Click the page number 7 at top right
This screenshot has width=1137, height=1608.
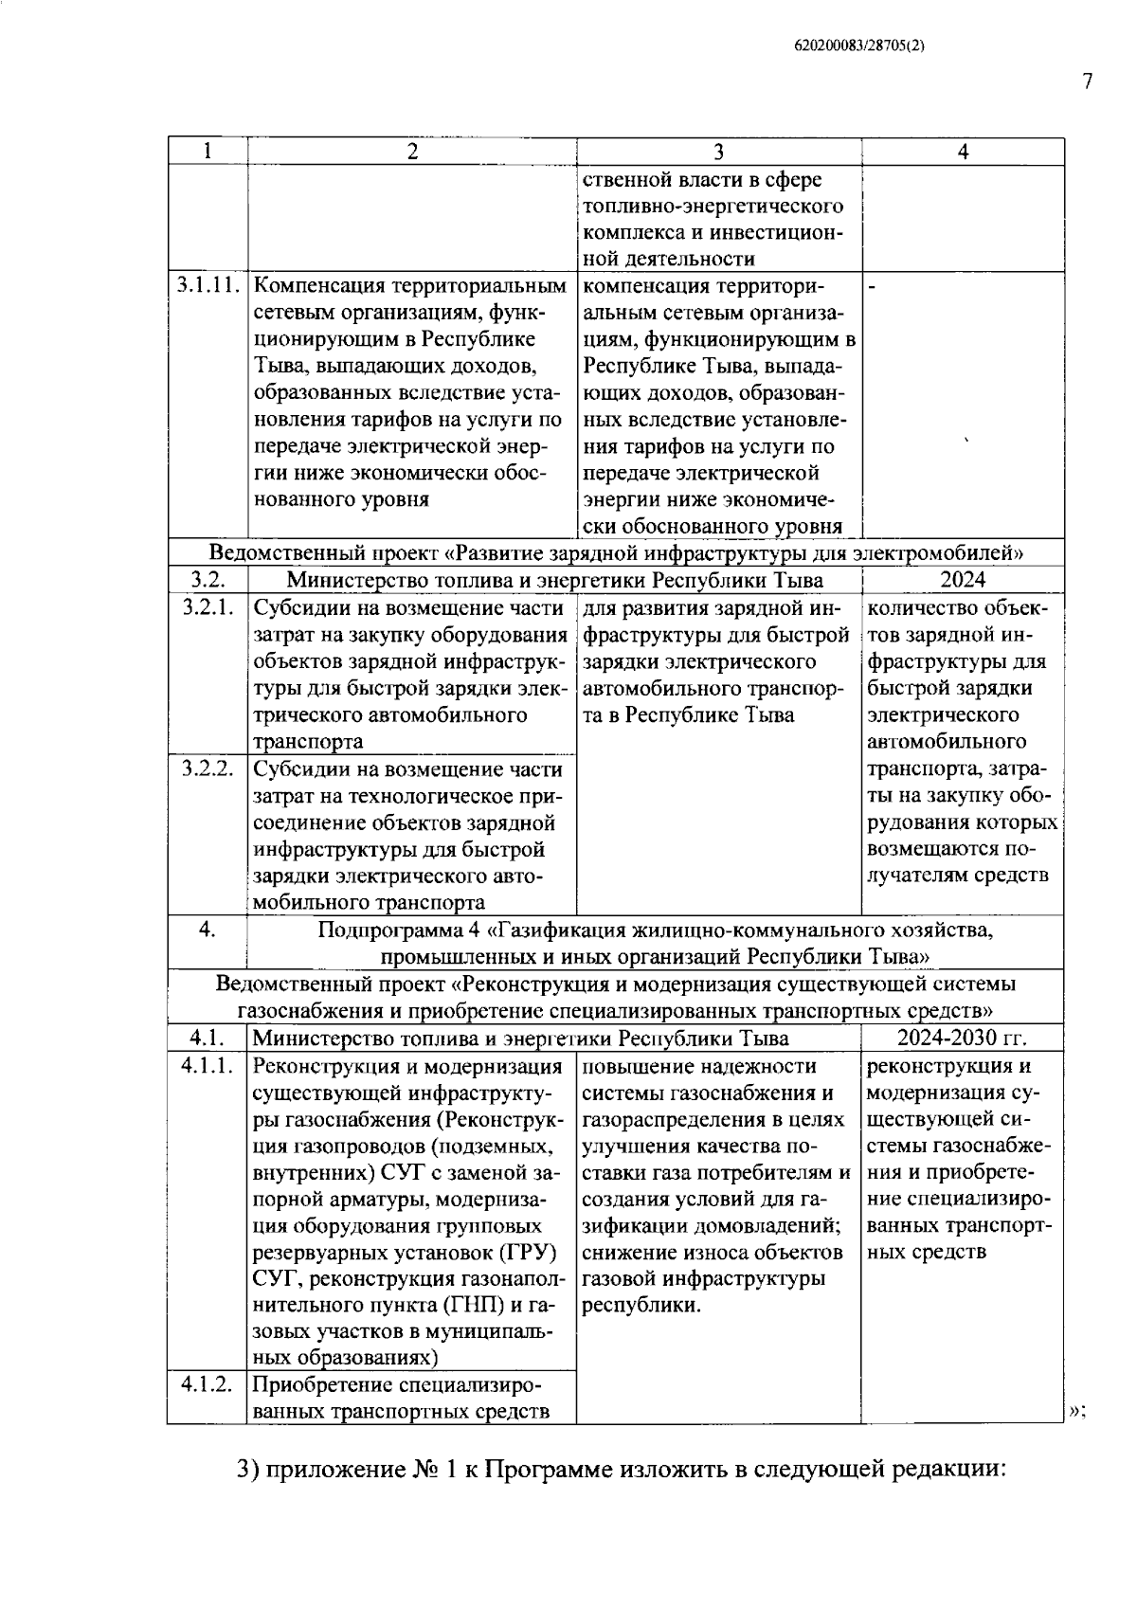coord(1088,81)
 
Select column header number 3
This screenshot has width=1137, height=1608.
coord(718,152)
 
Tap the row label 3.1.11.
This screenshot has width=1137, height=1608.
coord(208,285)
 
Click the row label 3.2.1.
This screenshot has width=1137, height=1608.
coord(208,607)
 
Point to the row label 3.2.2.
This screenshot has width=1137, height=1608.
coord(208,768)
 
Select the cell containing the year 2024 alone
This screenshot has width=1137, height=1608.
coord(962,580)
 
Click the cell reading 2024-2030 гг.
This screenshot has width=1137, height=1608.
coord(962,1038)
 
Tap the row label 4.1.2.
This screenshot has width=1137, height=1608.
coord(208,1384)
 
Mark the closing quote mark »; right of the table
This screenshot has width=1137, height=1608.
coord(1076,1412)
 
